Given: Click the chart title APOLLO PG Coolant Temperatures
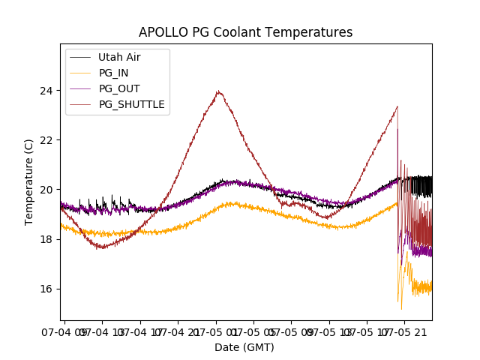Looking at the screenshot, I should click(x=245, y=32).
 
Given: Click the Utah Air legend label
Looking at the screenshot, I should click(x=119, y=57).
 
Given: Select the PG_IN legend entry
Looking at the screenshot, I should click(x=113, y=73).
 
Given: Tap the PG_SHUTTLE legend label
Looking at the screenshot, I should click(x=131, y=104).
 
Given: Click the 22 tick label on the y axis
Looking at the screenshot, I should click(x=47, y=140).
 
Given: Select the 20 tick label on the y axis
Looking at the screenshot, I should click(x=47, y=190).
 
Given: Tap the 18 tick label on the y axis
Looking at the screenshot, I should click(x=47, y=239).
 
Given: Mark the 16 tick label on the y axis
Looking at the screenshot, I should click(x=47, y=289).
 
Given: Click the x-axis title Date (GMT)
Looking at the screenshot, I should click(x=244, y=347).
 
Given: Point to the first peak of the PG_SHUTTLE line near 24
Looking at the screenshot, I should click(x=218, y=91).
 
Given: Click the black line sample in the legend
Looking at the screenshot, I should click(x=80, y=57).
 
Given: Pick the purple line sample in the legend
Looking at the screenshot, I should click(x=80, y=88).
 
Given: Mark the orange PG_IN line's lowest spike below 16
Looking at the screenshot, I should click(x=401, y=308).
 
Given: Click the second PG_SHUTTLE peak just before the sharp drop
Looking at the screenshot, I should click(x=397, y=106).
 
